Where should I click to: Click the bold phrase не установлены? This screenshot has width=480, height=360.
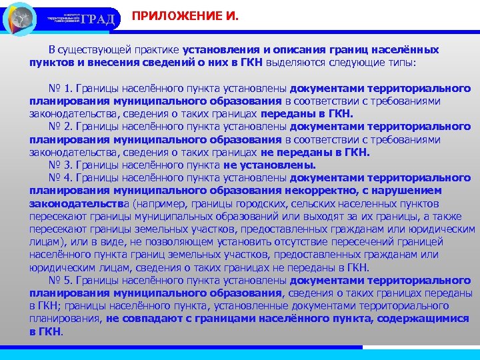click(x=270, y=165)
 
